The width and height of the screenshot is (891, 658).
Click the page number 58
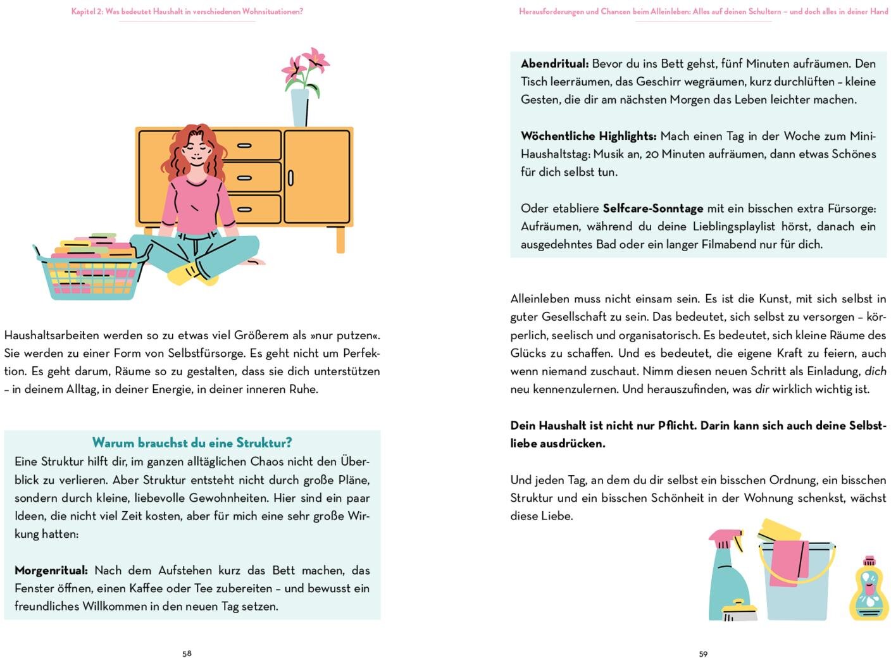coord(187,654)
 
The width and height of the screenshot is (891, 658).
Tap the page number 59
coord(703,654)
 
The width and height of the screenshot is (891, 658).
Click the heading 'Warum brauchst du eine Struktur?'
coord(192,442)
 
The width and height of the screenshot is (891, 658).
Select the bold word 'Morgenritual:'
coord(51,570)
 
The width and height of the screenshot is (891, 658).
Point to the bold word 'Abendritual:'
coord(554,63)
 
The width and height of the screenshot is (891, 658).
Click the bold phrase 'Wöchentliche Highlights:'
coord(589,136)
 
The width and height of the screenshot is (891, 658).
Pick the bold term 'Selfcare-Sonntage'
coord(652,208)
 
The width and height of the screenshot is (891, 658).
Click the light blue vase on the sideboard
coord(300,108)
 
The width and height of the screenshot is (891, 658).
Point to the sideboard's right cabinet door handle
coord(290,178)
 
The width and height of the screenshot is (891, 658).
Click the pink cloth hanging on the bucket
coord(788,562)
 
